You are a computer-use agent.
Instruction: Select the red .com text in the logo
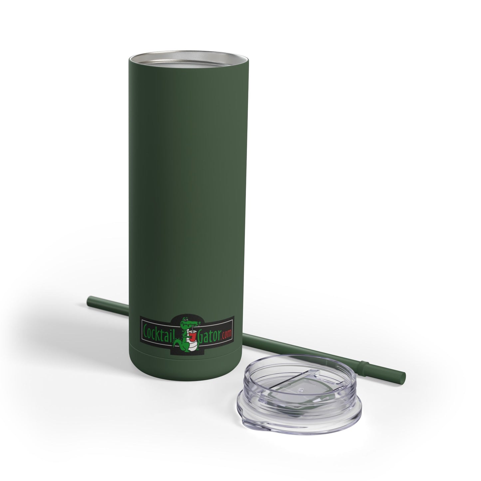coord(226,334)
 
